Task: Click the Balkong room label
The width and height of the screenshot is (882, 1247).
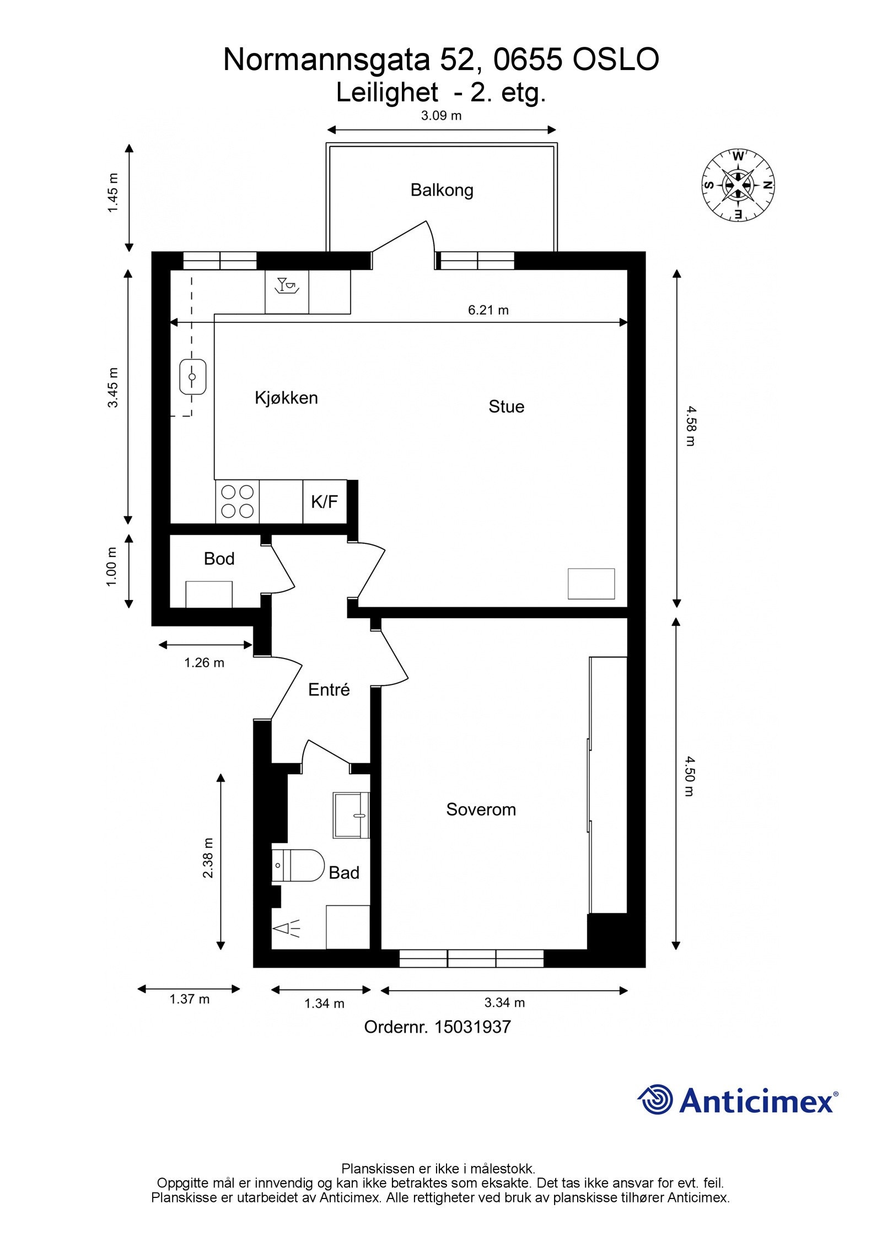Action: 442,190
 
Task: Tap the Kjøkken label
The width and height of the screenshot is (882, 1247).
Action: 286,398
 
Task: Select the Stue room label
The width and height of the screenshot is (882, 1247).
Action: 506,407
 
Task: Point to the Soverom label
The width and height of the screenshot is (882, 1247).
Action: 481,809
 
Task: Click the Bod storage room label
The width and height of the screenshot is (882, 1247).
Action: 219,559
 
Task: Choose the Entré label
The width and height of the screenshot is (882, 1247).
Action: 329,689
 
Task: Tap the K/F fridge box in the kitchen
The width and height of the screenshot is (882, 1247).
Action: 325,501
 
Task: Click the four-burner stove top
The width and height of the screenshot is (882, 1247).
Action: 238,501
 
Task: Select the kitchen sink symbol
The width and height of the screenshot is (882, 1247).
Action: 192,377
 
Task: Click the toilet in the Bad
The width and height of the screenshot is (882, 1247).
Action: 298,866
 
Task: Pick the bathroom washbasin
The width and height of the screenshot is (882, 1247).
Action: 351,816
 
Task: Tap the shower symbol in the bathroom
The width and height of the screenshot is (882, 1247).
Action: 287,928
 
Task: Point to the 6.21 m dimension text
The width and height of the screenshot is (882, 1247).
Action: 488,310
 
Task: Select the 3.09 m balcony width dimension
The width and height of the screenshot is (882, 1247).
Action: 442,116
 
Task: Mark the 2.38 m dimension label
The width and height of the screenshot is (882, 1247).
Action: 208,858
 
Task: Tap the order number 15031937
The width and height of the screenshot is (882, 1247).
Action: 472,1027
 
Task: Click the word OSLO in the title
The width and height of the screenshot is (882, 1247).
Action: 616,60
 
